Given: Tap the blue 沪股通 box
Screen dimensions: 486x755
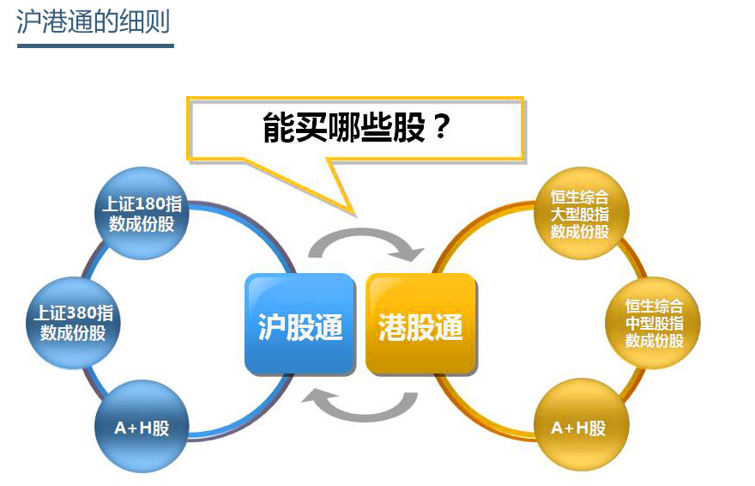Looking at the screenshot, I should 300,324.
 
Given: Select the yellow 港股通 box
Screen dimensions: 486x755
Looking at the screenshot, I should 420,324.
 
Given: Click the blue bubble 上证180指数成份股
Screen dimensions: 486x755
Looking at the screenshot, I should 142,214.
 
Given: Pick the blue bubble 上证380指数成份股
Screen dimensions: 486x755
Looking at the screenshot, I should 73,322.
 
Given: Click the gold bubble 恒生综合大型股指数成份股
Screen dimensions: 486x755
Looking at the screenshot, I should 580,214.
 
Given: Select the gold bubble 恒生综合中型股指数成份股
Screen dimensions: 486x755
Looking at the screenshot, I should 654,322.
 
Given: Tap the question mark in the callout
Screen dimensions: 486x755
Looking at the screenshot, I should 439,129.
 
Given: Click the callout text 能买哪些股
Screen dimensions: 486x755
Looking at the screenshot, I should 343,129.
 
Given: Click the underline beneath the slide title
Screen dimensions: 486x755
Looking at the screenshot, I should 94,44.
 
